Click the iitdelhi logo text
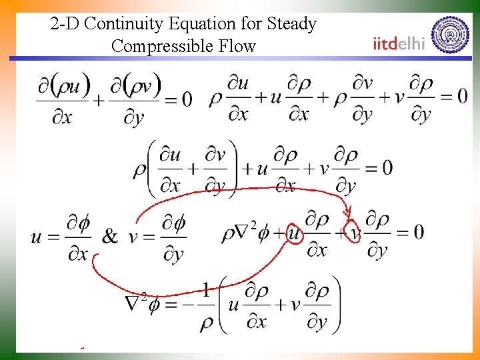coord(399,43)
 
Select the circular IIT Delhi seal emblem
coord(450,34)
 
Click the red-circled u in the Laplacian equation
coord(293,234)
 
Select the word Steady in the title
coord(291,25)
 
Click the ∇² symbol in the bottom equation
coord(136,302)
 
